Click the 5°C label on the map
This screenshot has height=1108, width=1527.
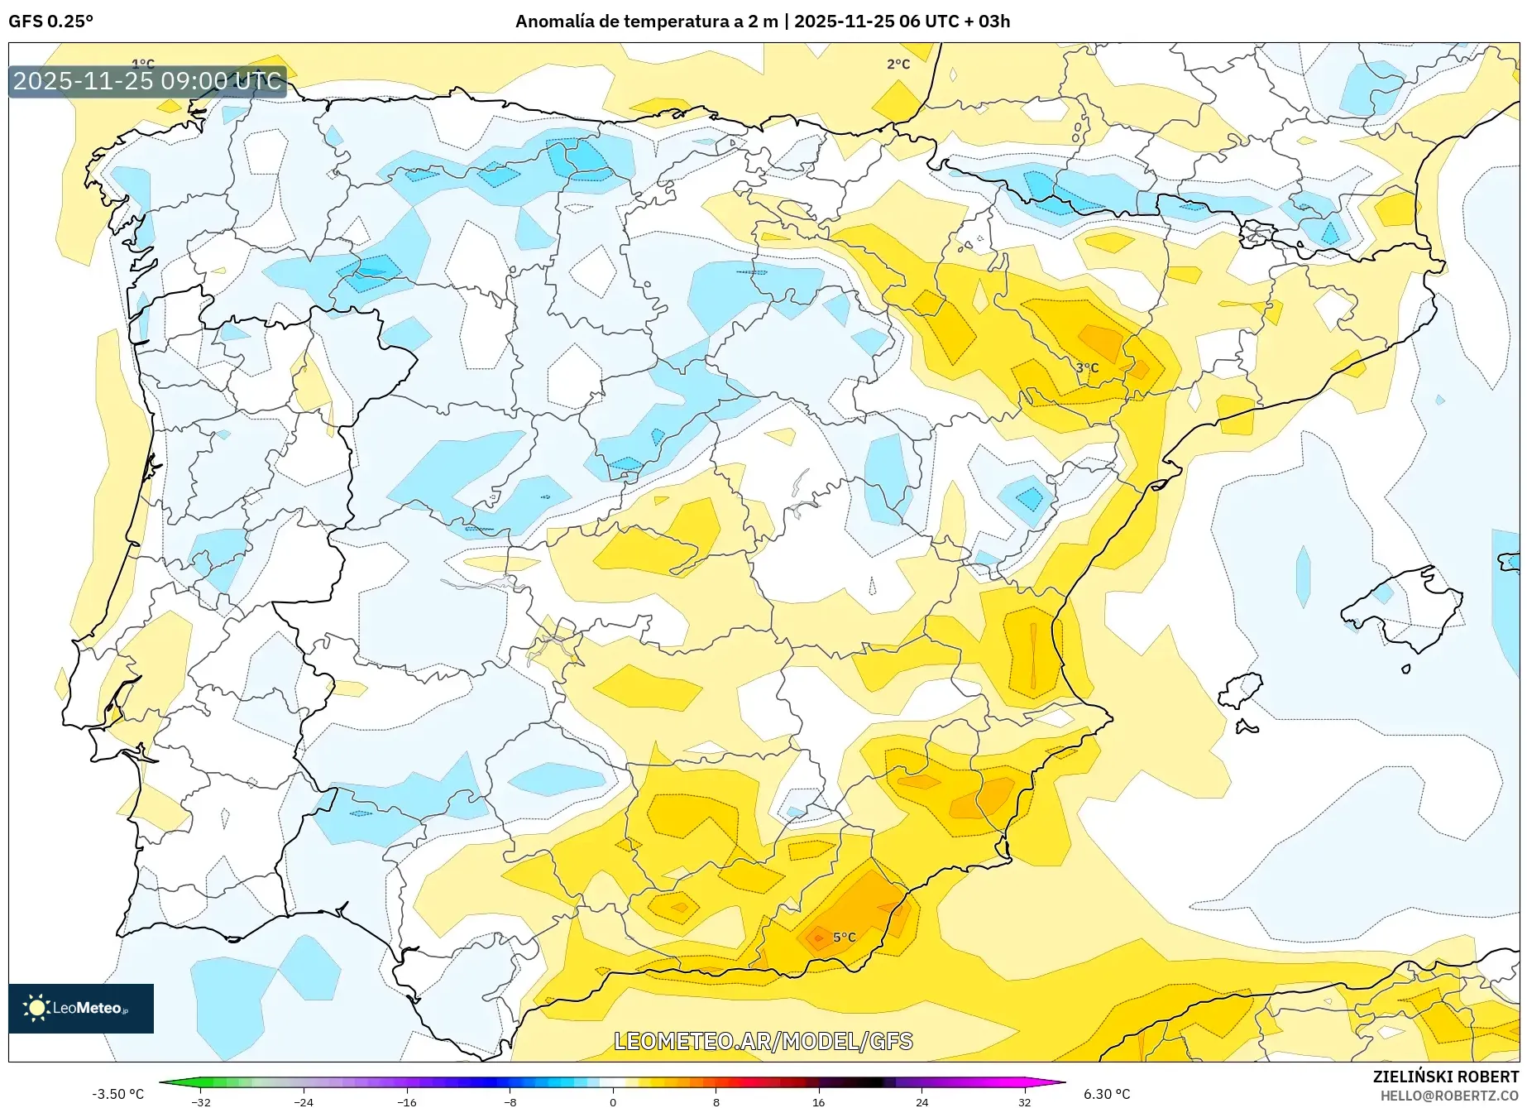pyautogui.click(x=844, y=937)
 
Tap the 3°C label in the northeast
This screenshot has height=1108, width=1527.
pyautogui.click(x=1087, y=367)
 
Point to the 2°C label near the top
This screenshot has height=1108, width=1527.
pyautogui.click(x=898, y=64)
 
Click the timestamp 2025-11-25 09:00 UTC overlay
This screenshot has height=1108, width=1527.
pyautogui.click(x=147, y=81)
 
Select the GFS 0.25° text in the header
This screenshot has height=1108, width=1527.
pyautogui.click(x=50, y=22)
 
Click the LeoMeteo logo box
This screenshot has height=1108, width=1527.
pyautogui.click(x=81, y=1008)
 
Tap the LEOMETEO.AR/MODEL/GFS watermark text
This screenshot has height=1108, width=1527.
pyautogui.click(x=763, y=1041)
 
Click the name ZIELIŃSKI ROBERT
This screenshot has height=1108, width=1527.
pyautogui.click(x=1445, y=1077)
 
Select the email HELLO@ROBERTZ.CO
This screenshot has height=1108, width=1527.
pyautogui.click(x=1449, y=1096)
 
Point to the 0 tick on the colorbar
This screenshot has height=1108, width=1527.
pyautogui.click(x=613, y=1101)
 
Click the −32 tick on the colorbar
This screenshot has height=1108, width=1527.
pyautogui.click(x=201, y=1101)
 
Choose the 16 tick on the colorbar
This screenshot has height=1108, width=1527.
pyautogui.click(x=818, y=1101)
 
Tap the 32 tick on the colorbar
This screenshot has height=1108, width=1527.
pyautogui.click(x=1024, y=1101)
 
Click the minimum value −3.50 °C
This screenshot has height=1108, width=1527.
pyautogui.click(x=117, y=1094)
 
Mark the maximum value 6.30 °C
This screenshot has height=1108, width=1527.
pyautogui.click(x=1107, y=1094)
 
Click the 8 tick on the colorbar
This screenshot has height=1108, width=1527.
pyautogui.click(x=716, y=1101)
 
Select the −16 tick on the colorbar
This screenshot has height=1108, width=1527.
pyautogui.click(x=406, y=1101)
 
